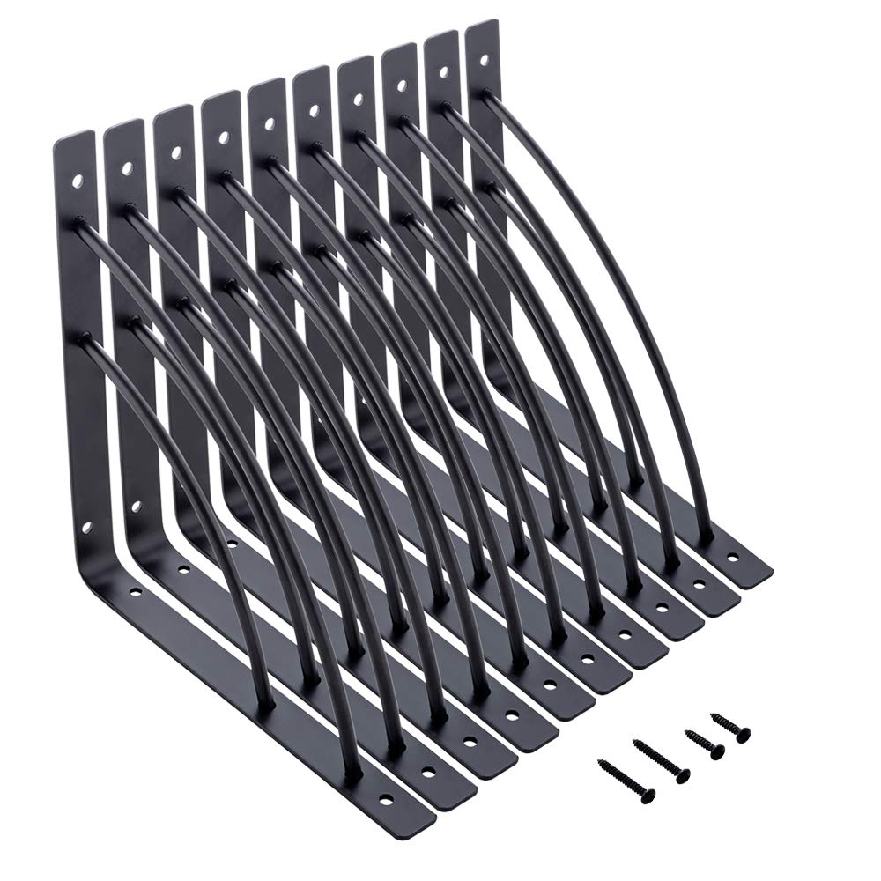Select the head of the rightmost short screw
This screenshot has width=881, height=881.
(743, 733)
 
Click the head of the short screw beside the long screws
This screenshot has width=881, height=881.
(717, 751)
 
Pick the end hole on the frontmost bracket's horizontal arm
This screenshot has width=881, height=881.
(385, 799)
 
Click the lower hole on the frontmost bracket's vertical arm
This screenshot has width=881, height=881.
(87, 529)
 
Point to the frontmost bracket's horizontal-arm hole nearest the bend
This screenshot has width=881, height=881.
(134, 591)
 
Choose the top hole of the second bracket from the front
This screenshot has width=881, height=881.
(127, 167)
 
